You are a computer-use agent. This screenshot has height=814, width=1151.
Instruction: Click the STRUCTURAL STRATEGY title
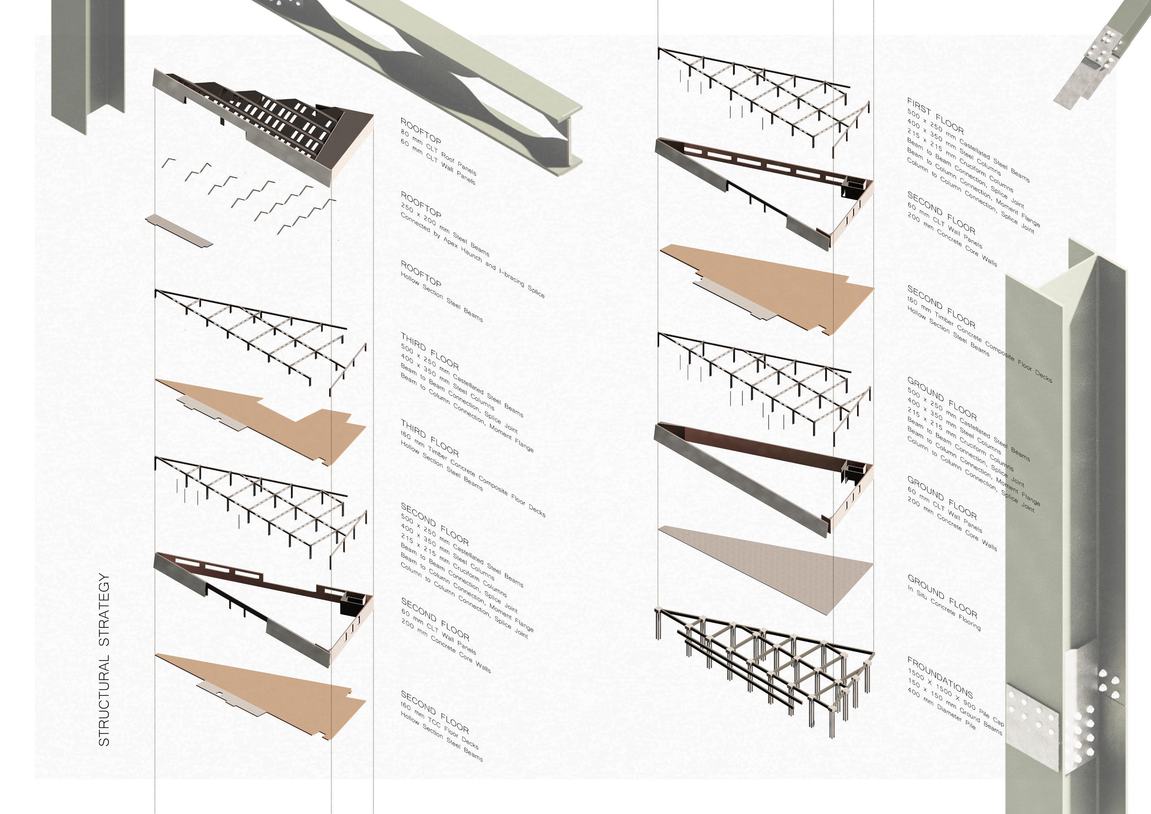[104, 659]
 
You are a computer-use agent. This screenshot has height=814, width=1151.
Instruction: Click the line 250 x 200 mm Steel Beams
[445, 230]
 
